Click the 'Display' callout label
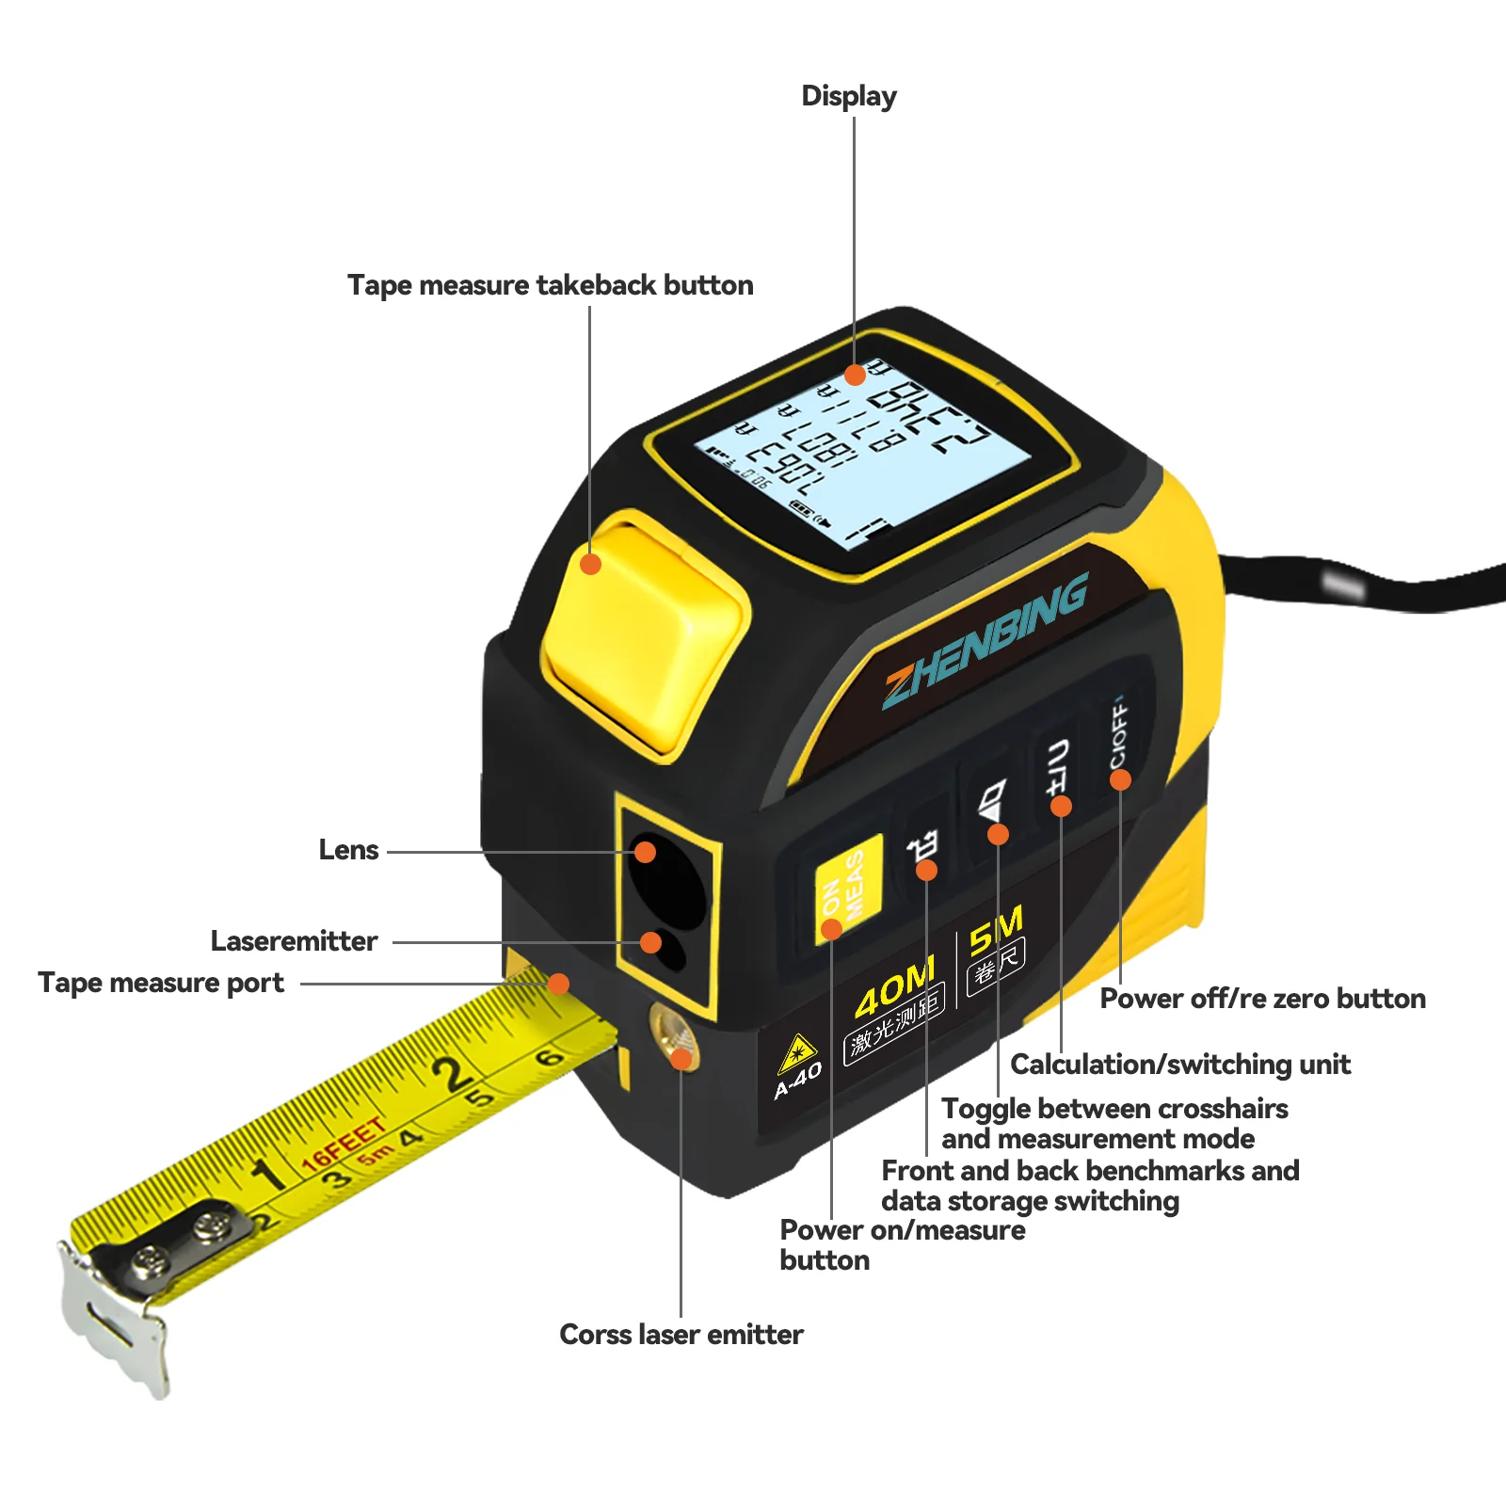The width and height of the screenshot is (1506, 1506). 848,96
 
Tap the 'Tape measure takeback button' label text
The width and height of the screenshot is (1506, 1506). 550,285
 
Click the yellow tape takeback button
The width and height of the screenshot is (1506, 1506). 644,631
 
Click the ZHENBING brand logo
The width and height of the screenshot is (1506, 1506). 985,641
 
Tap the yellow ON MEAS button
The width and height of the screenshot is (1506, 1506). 848,889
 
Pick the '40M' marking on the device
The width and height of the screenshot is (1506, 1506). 894,985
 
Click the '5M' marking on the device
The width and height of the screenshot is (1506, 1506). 996,930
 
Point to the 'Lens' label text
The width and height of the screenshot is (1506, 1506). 348,850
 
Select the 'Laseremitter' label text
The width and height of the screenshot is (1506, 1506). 294,941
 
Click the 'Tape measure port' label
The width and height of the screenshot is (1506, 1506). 161,983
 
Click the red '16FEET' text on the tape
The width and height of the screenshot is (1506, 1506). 344,1145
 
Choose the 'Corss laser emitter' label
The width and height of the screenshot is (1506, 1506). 681,1335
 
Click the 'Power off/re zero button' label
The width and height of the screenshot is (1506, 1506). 1262,999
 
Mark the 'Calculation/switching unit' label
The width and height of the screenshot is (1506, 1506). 1179,1065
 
